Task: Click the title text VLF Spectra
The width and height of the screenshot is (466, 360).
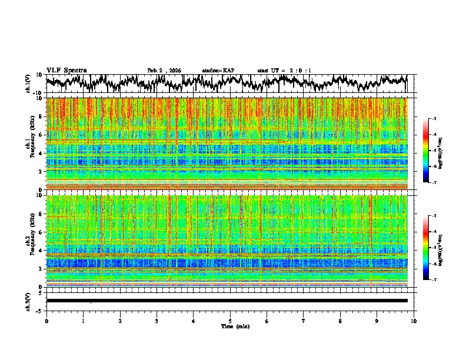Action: pos(66,70)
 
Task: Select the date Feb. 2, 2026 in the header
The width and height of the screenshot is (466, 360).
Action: pos(164,71)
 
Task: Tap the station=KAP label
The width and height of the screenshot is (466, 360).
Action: pos(218,71)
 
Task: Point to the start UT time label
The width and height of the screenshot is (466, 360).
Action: pos(284,71)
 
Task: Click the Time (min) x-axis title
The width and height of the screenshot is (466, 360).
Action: pos(230,326)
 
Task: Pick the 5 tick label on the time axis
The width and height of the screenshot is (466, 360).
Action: pos(230,321)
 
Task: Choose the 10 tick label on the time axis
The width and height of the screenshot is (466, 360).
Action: pos(414,321)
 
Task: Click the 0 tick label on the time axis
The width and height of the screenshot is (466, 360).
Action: pos(46,321)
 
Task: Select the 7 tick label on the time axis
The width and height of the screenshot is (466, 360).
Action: pos(304,321)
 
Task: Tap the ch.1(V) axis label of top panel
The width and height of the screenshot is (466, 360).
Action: pos(29,84)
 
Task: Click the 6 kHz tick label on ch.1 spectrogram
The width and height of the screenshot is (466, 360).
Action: pos(41,135)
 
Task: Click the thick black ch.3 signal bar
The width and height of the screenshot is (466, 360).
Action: pos(227,301)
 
